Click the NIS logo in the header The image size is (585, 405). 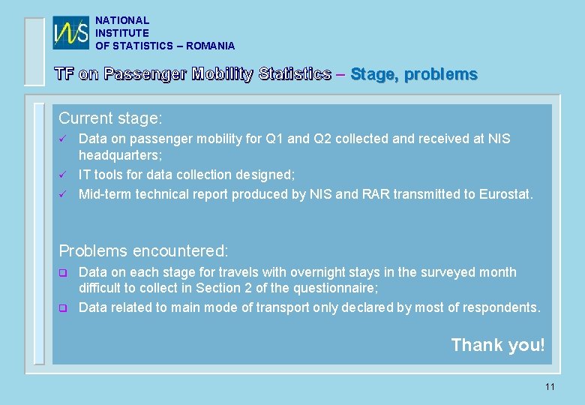click(x=71, y=33)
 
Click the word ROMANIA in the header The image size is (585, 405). click(x=211, y=46)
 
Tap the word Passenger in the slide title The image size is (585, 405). click(x=145, y=73)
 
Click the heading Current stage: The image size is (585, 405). click(x=111, y=118)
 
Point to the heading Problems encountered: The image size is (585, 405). click(x=143, y=250)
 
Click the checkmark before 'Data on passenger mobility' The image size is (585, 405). click(x=63, y=139)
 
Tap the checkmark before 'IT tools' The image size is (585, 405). click(x=63, y=175)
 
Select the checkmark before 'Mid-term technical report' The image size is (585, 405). click(x=63, y=195)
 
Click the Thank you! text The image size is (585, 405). click(x=498, y=345)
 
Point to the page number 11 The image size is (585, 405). click(x=550, y=387)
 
